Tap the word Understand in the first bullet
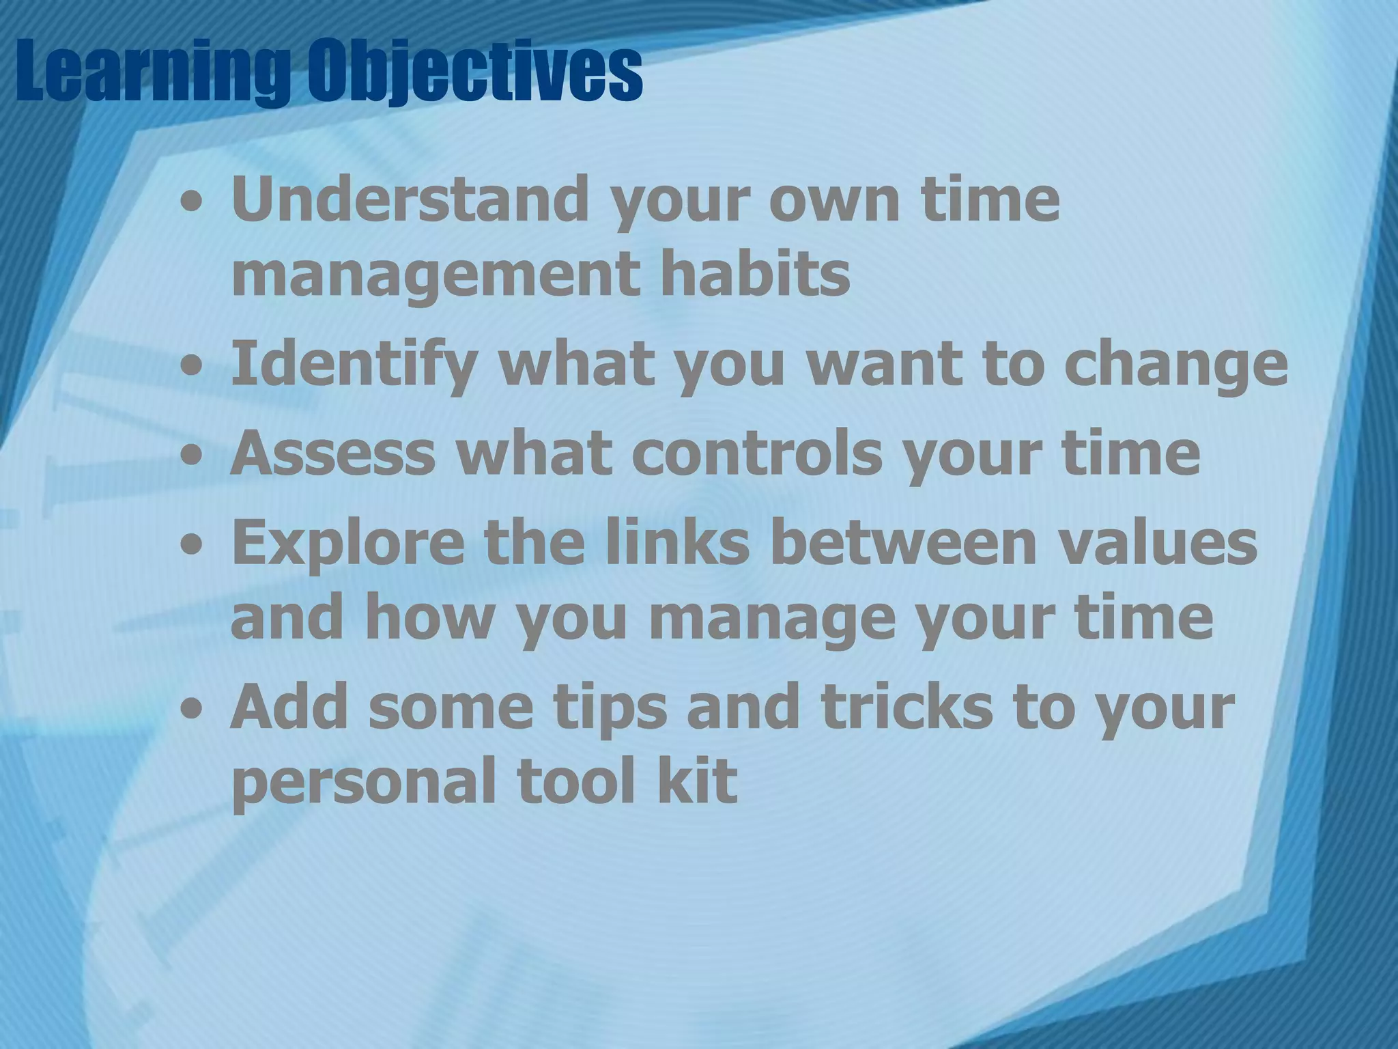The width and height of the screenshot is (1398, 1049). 410,199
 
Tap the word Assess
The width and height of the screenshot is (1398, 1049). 332,453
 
